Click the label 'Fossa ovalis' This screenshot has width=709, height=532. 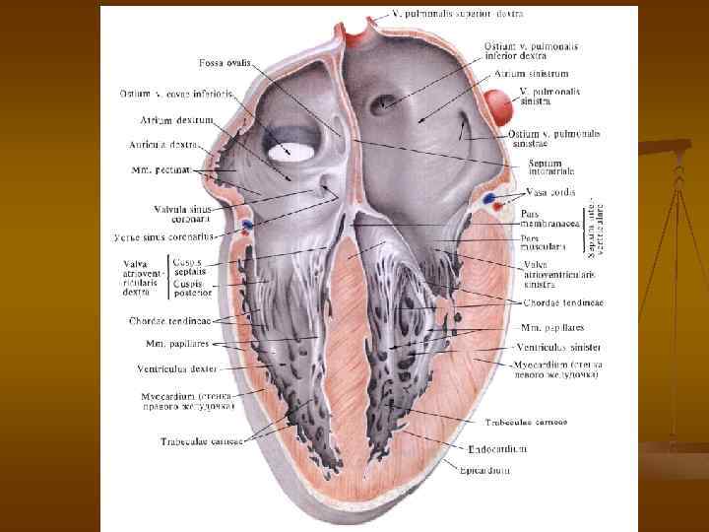click(x=224, y=63)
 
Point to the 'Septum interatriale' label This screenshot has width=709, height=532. click(x=553, y=167)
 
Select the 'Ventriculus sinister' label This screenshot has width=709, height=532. click(x=557, y=348)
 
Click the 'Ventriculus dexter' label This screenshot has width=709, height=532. click(x=176, y=368)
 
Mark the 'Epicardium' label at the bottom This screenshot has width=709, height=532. click(x=485, y=470)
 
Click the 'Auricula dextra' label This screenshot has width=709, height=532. click(x=165, y=144)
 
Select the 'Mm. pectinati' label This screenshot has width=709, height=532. click(x=161, y=169)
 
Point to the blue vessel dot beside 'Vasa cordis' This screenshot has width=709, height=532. click(x=489, y=198)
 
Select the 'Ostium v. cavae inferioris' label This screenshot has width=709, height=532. click(x=177, y=95)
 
